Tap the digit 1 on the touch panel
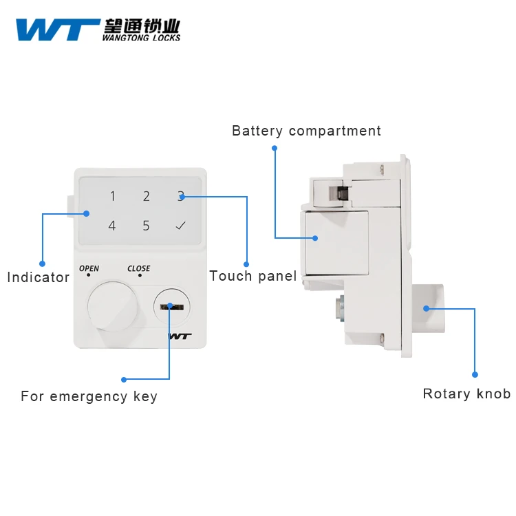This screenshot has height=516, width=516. [113, 197]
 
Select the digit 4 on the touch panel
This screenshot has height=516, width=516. [112, 226]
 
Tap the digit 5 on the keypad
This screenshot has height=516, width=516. [146, 226]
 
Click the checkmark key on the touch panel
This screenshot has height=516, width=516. [180, 226]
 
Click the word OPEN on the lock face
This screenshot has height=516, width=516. [89, 268]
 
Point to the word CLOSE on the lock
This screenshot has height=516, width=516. [138, 268]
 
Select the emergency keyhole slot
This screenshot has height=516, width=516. [168, 305]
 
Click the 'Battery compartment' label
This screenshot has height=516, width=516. [306, 131]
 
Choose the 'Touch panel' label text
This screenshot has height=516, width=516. [252, 276]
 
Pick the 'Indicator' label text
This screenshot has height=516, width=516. [39, 277]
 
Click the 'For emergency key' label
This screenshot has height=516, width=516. [89, 396]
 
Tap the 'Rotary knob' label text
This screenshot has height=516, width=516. [466, 394]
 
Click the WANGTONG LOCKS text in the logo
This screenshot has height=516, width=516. [141, 37]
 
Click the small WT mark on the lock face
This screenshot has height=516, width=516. [180, 336]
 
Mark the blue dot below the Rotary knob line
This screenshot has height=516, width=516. [475, 375]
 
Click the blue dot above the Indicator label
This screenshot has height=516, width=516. [42, 263]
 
